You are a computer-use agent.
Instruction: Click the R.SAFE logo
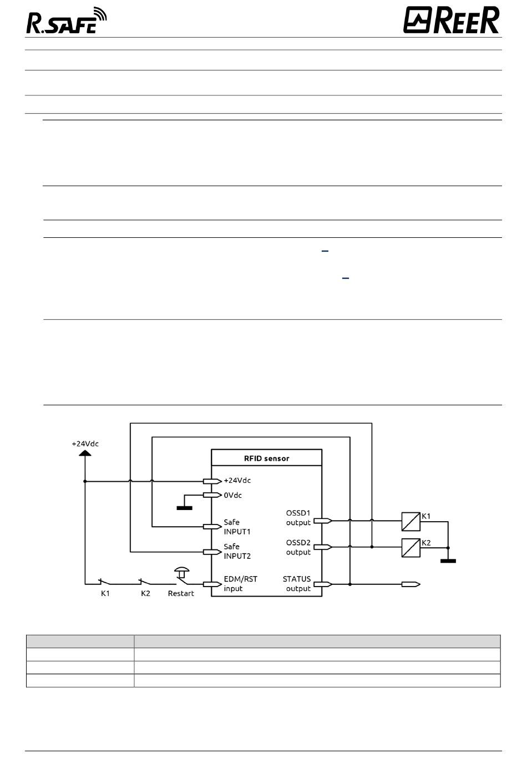click(67, 21)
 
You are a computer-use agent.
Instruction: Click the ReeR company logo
click(451, 20)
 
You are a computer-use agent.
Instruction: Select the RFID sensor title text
click(267, 459)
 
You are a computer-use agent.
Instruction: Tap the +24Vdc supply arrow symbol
click(85, 453)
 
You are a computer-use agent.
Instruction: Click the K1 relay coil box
click(411, 522)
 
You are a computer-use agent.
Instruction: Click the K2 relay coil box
click(411, 548)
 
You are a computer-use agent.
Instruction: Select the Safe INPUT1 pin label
click(237, 527)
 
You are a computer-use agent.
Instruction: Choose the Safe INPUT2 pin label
click(237, 551)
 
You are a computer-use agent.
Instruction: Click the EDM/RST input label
click(241, 584)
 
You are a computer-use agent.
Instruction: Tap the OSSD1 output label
click(298, 518)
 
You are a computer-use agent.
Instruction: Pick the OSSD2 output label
click(298, 547)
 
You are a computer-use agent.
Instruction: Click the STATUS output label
click(297, 584)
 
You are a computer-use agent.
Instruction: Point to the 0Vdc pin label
click(232, 496)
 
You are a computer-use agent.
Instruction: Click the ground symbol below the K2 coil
click(448, 561)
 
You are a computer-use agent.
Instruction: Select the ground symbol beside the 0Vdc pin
click(185, 508)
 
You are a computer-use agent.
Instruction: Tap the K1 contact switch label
click(105, 594)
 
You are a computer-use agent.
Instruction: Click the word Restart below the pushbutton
click(181, 594)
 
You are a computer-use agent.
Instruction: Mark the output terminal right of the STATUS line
click(411, 584)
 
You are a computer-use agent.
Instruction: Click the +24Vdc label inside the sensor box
click(237, 481)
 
